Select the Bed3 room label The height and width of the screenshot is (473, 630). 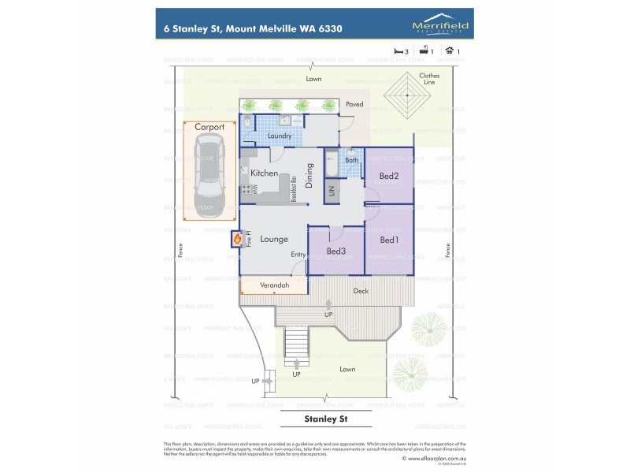click(336, 251)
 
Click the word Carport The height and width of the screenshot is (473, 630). click(209, 127)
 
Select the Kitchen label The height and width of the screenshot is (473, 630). click(264, 173)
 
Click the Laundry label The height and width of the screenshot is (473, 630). click(280, 136)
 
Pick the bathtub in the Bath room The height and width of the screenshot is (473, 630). click(331, 166)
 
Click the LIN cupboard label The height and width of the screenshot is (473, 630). click(332, 190)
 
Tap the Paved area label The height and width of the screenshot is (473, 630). click(354, 104)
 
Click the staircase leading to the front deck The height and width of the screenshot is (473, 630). click(296, 344)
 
